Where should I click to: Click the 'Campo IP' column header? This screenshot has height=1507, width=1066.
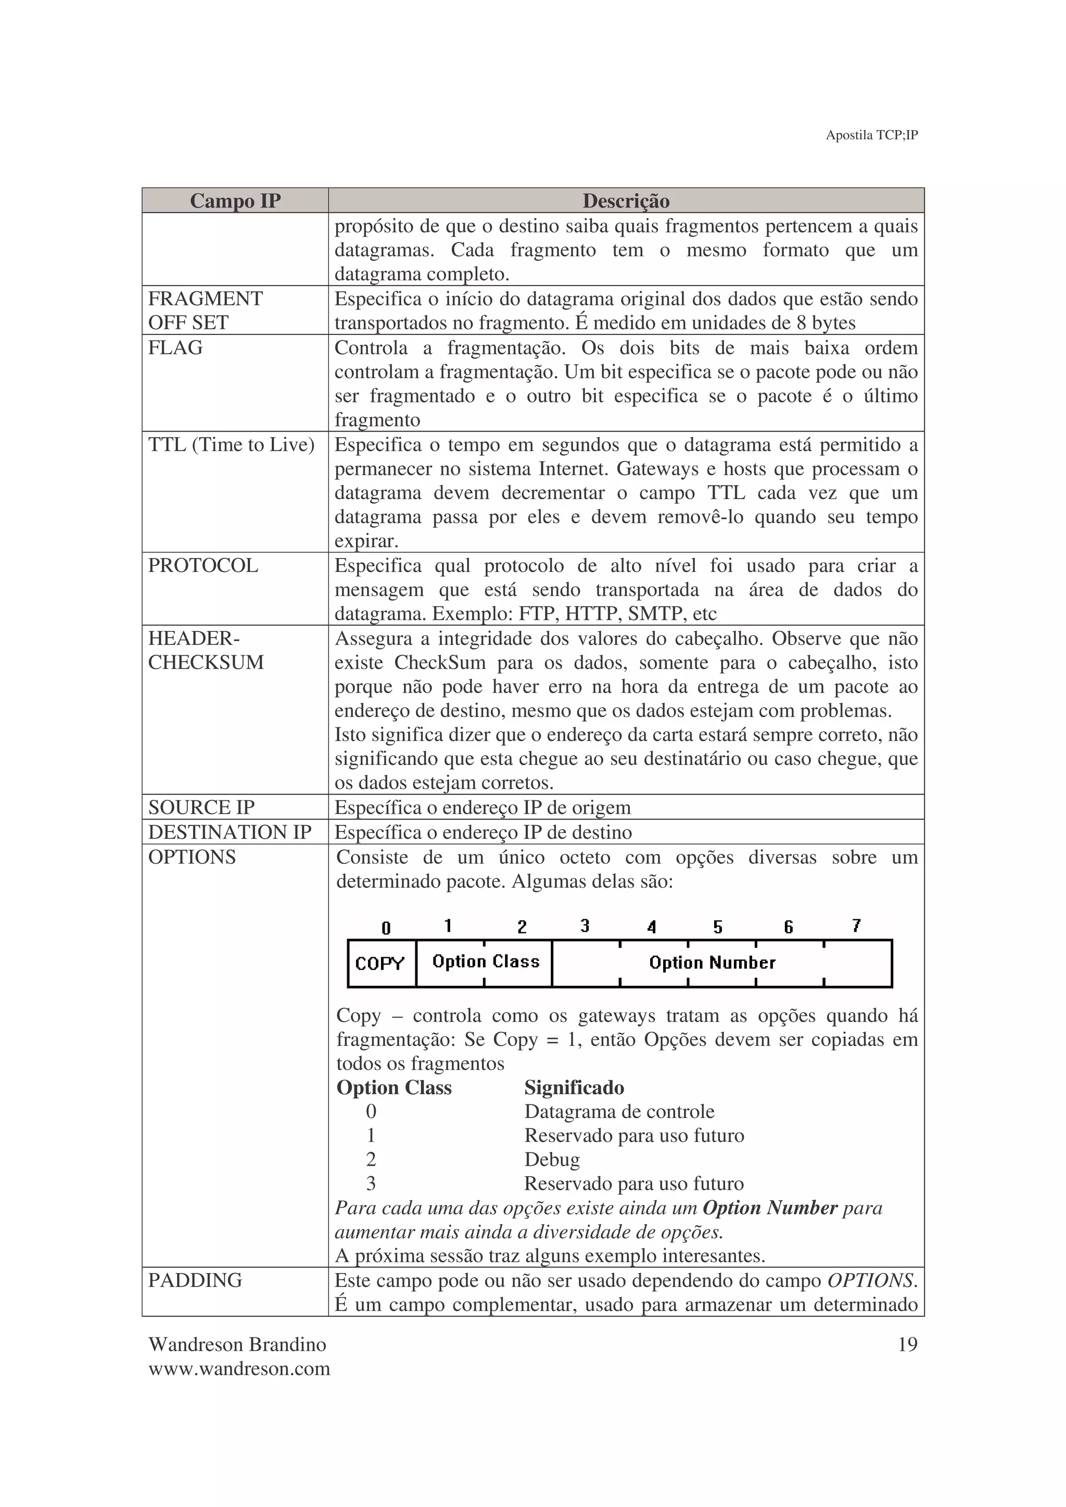pos(235,201)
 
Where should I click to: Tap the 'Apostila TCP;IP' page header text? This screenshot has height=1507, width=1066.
pos(871,135)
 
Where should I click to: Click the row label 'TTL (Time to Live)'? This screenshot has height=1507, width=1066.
pos(231,445)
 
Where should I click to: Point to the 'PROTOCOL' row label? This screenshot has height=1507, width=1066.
pos(203,566)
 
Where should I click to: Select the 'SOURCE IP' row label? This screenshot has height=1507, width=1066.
pos(201,807)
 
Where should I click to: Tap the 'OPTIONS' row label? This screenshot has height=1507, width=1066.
pos(192,857)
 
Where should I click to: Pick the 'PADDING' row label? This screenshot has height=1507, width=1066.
pos(195,1280)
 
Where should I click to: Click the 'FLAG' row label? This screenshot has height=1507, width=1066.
pos(175,348)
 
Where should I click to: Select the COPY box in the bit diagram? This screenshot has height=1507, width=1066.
pos(380,964)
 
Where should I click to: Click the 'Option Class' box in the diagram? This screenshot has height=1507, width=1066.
pos(486,962)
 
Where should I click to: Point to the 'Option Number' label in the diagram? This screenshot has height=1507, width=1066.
pos(712,963)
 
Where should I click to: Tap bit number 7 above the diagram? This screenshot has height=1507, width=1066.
pos(856,926)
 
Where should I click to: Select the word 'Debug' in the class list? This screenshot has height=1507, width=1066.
pos(552,1160)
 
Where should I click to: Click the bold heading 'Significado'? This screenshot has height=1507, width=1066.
pos(574,1087)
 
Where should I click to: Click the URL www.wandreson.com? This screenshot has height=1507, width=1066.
pos(239,1369)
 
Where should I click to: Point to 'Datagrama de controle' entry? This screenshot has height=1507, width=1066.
pos(619,1112)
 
